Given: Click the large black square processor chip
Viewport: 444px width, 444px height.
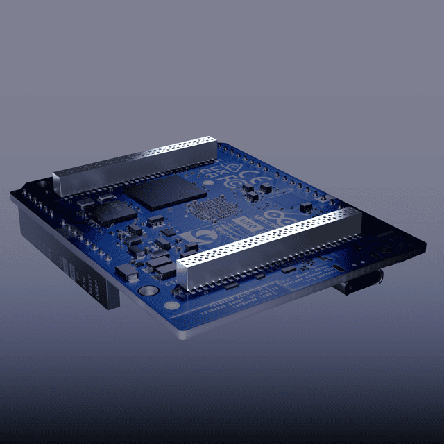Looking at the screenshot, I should tap(168, 191).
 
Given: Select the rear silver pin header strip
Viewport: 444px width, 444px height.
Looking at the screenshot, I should tap(135, 166).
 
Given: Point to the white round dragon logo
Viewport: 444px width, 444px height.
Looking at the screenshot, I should tap(198, 241).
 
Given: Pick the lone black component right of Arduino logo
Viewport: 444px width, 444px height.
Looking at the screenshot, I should tap(306, 207).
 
